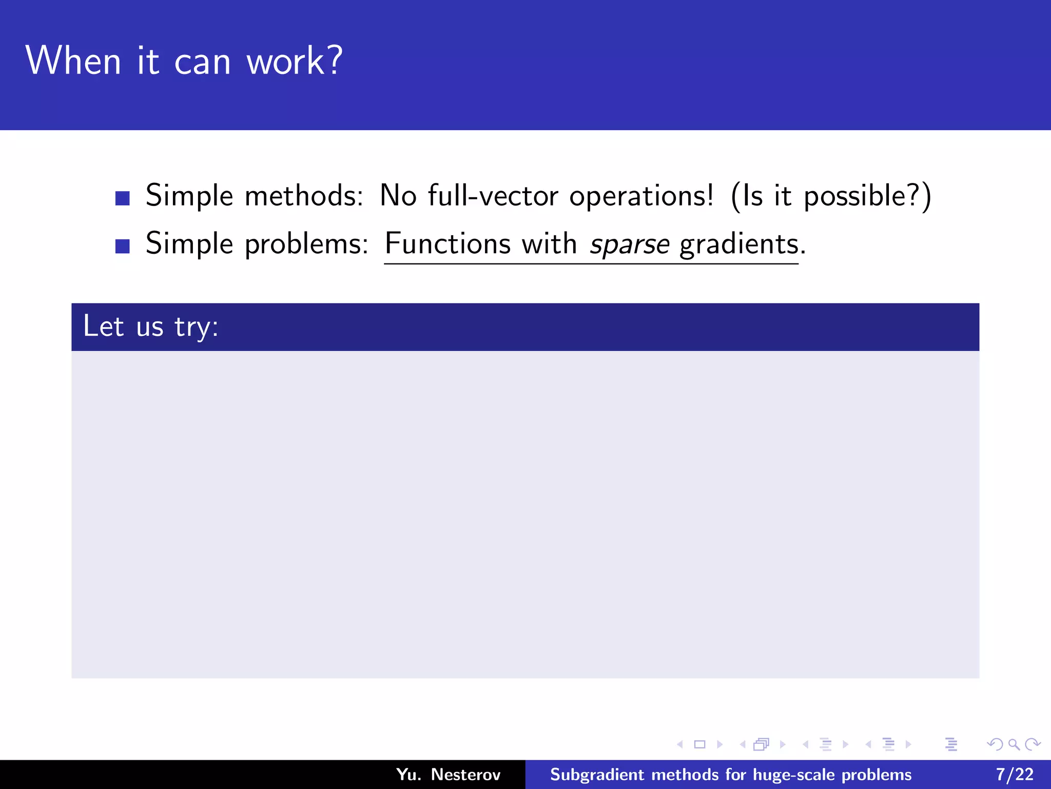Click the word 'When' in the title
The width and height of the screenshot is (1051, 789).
tap(73, 61)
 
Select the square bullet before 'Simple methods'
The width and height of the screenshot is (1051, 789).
tap(123, 198)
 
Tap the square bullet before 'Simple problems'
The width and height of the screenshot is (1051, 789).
tap(123, 246)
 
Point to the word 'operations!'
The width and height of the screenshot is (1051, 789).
tap(641, 197)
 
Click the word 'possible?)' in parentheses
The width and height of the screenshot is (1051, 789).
tap(867, 197)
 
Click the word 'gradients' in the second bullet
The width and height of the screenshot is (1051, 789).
tap(739, 244)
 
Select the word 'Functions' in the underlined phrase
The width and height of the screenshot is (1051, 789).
tap(447, 243)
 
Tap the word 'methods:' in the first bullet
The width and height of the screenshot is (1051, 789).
tap(304, 196)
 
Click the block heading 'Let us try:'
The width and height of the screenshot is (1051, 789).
tap(151, 327)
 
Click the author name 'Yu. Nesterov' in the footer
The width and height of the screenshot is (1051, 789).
tap(448, 775)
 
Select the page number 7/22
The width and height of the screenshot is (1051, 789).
tap(1015, 775)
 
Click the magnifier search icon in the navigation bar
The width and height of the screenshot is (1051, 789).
tap(1014, 744)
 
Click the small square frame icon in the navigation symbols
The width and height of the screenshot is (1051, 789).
tap(699, 744)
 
